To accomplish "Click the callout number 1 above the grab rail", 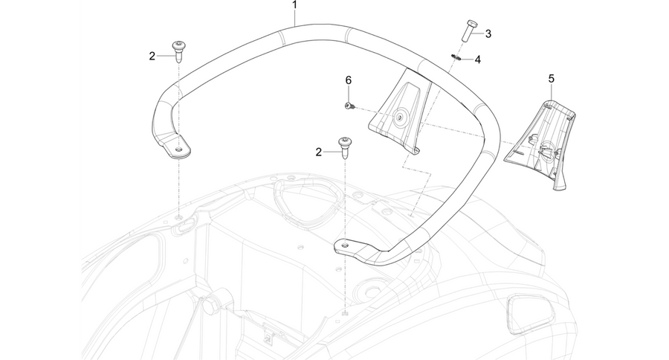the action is [x=294, y=5].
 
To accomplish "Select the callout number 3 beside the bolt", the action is [x=488, y=33].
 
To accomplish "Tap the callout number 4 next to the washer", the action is [x=478, y=60].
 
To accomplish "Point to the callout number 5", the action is [x=552, y=79].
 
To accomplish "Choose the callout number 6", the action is [x=349, y=80].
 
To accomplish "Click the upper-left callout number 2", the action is [x=152, y=56].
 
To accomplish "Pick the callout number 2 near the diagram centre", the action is [x=318, y=152].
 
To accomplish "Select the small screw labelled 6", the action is [x=349, y=106].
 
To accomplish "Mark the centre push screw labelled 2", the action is [x=345, y=148].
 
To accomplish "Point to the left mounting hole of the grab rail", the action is [x=180, y=149].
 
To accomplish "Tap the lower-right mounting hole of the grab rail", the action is [x=344, y=245].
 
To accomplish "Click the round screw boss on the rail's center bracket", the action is [x=401, y=118].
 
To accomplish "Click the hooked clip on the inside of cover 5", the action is [x=547, y=150].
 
